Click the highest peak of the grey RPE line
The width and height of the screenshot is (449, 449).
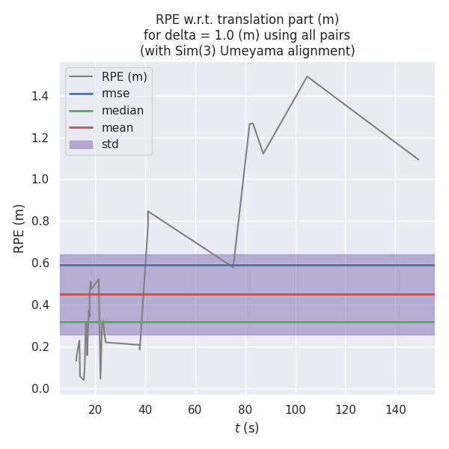coord(307,76)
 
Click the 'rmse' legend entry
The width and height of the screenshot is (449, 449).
coord(115,94)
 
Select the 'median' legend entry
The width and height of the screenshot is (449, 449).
coord(122,111)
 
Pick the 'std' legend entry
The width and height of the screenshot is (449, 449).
coord(110,144)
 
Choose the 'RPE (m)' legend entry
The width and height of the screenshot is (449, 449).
coord(124,76)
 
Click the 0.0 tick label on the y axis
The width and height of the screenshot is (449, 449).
coord(43,388)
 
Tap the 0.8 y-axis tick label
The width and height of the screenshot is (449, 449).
coord(43,222)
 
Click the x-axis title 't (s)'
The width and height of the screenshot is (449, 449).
coord(247,428)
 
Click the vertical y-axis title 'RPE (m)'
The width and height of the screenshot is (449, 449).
coord(19,228)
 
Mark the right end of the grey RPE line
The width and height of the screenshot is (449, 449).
coord(418,159)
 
